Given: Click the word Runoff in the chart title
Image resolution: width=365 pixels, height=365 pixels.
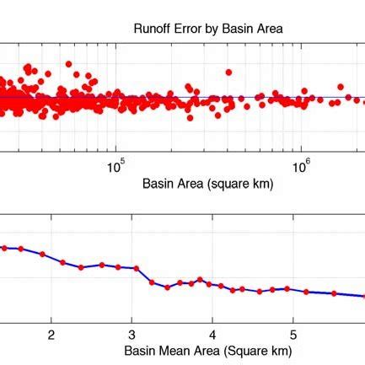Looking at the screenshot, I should pyautogui.click(x=153, y=29).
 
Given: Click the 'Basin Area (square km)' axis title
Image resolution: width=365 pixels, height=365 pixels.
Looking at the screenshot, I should pyautogui.click(x=207, y=184).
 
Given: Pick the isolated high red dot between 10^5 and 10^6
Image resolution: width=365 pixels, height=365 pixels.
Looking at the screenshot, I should pyautogui.click(x=227, y=72).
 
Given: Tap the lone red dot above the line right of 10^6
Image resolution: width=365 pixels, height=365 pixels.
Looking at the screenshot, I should pyautogui.click(x=341, y=86).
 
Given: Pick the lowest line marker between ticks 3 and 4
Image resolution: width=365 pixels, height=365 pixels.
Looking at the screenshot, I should pyautogui.click(x=167, y=287).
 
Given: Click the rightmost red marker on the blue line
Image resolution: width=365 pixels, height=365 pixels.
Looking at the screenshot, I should pyautogui.click(x=335, y=293).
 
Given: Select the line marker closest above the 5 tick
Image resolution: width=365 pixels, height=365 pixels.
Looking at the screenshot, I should pyautogui.click(x=287, y=288).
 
